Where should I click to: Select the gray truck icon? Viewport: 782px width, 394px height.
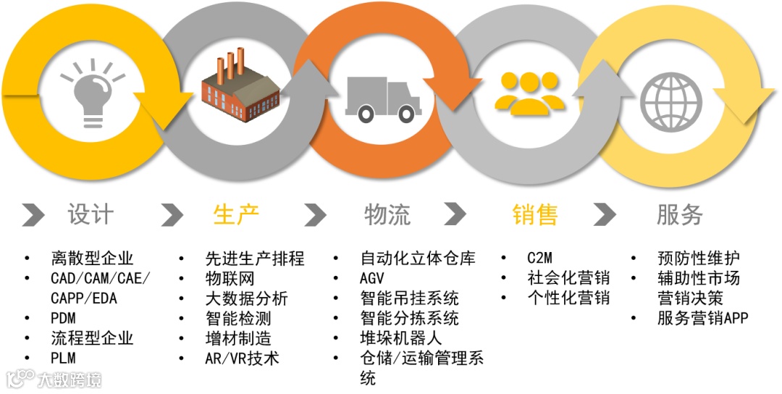pyautogui.click(x=380, y=97)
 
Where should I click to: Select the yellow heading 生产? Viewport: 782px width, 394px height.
pyautogui.click(x=236, y=214)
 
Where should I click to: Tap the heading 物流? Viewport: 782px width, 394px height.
pyautogui.click(x=387, y=214)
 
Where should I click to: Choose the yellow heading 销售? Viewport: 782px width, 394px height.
pyautogui.click(x=535, y=214)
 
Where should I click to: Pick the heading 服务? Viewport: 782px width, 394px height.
pyautogui.click(x=680, y=214)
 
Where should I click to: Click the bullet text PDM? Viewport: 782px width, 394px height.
pyautogui.click(x=64, y=318)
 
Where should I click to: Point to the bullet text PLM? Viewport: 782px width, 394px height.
pyautogui.click(x=64, y=358)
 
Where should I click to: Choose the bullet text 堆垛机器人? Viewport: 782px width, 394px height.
pyautogui.click(x=400, y=338)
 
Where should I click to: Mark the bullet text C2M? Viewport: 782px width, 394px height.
pyautogui.click(x=540, y=259)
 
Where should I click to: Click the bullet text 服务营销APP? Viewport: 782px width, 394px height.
pyautogui.click(x=702, y=318)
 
